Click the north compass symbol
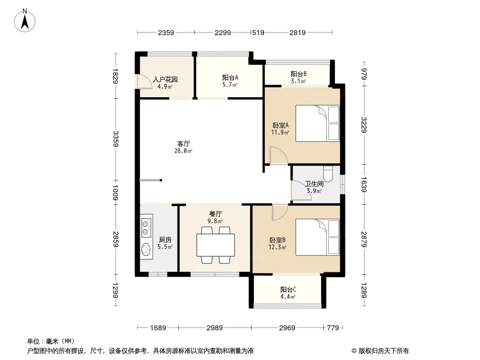tap(26, 20)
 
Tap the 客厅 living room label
tap(183, 144)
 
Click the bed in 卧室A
tap(317, 123)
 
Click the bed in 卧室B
tap(317, 237)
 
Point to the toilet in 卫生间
tap(327, 175)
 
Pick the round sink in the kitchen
tap(146, 249)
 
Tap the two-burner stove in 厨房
tap(146, 227)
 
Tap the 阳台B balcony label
tap(298, 74)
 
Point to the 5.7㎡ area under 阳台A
tap(230, 85)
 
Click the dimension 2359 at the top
tap(166, 32)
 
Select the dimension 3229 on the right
tap(364, 125)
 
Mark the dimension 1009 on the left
tap(116, 193)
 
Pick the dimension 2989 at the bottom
tap(215, 328)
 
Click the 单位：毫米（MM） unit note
tap(50, 341)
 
